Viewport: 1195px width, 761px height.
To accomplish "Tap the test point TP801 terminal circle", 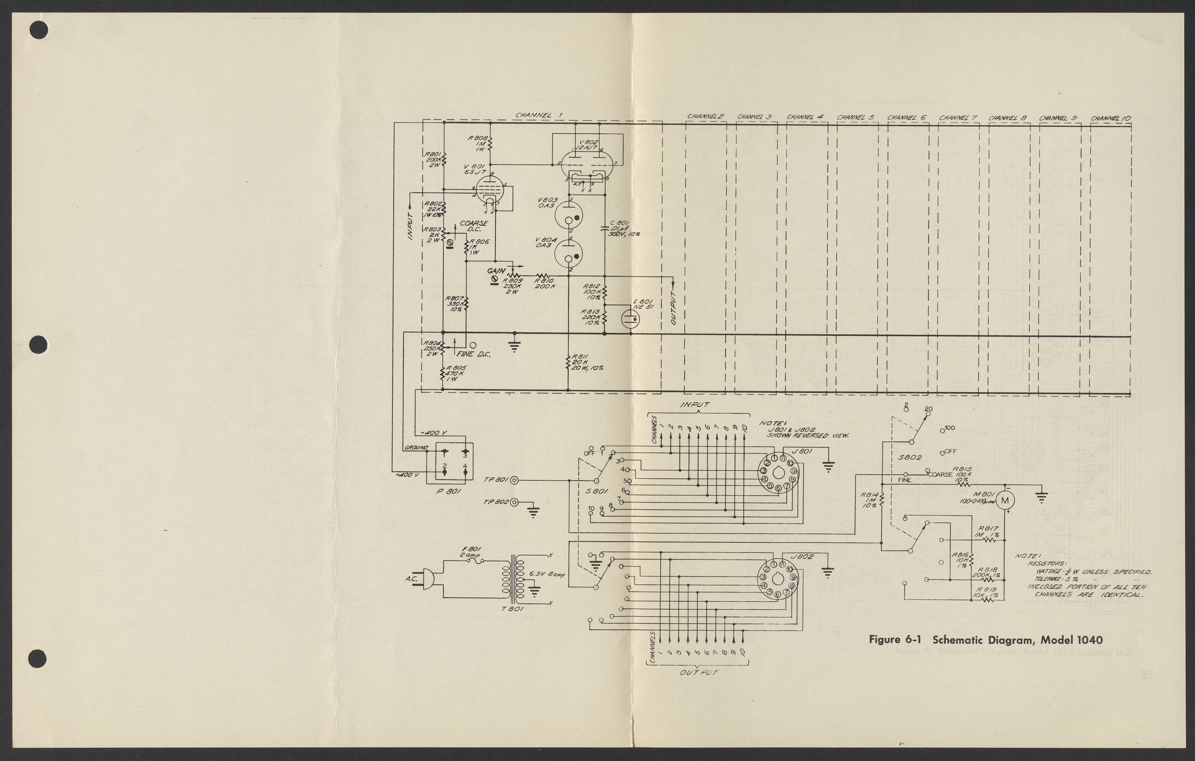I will coord(515,480).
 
